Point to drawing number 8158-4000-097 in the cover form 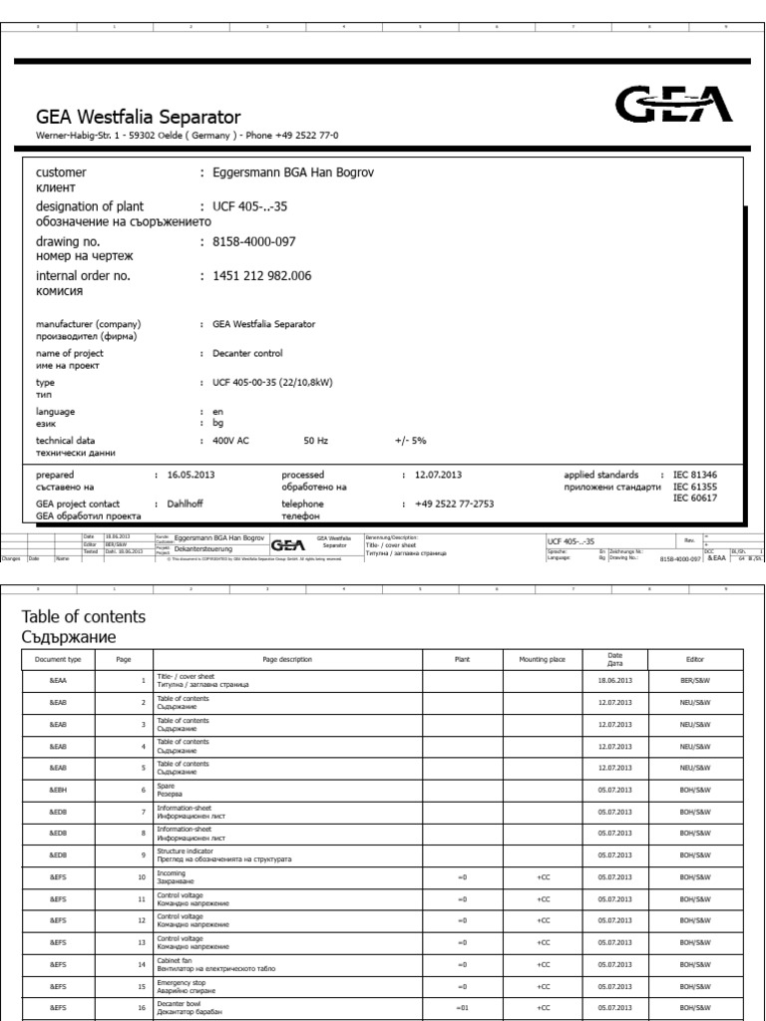(x=254, y=241)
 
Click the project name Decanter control (x=247, y=353)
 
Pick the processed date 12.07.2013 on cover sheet (x=438, y=475)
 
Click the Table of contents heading (x=84, y=617)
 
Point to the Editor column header (x=694, y=659)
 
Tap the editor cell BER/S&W (x=694, y=683)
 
